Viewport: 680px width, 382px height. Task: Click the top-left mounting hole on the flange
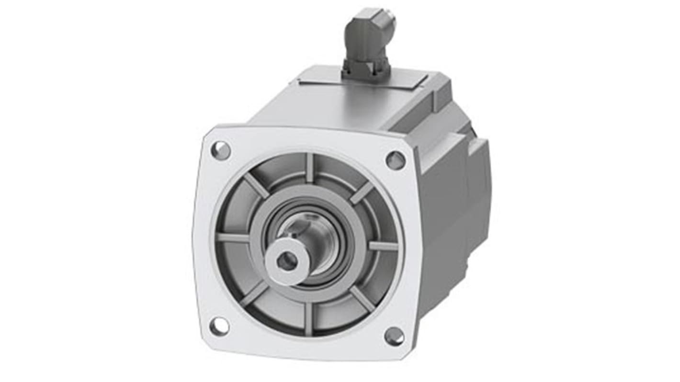pyautogui.click(x=221, y=150)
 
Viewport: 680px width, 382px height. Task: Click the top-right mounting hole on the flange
pyautogui.click(x=396, y=160)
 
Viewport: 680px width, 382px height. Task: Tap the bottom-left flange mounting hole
pyautogui.click(x=219, y=326)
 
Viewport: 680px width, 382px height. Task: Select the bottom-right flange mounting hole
pyautogui.click(x=394, y=336)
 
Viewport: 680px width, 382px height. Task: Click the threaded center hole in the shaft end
pyautogui.click(x=286, y=261)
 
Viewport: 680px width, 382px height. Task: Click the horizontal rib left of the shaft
pyautogui.click(x=233, y=237)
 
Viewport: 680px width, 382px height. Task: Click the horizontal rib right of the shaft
pyautogui.click(x=383, y=246)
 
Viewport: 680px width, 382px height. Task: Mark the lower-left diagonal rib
pyautogui.click(x=254, y=293)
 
